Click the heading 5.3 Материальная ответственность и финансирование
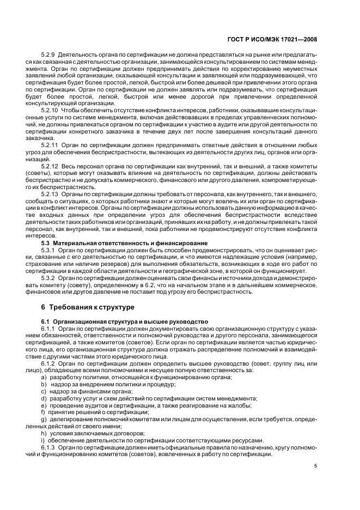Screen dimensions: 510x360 pos(124,242)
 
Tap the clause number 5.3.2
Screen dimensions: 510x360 pos(48,277)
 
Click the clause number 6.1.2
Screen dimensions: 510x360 pos(48,362)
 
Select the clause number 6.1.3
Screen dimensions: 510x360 pos(48,447)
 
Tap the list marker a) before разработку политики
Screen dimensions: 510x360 pos(44,377)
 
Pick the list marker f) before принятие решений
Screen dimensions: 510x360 pos(43,412)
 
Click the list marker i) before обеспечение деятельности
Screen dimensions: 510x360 pos(42,440)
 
